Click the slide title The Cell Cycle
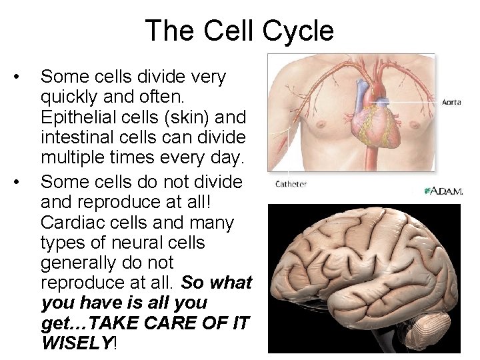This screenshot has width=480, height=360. tap(239, 31)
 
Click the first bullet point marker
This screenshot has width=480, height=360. tap(24, 77)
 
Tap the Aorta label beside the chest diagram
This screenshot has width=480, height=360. tap(452, 103)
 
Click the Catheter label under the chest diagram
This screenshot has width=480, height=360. tap(291, 184)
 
